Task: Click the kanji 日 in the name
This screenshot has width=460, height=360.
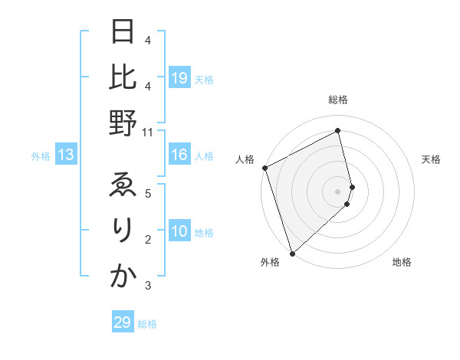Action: click(x=122, y=34)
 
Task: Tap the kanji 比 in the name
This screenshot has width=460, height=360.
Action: click(x=122, y=79)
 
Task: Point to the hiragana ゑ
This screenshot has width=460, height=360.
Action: click(x=122, y=187)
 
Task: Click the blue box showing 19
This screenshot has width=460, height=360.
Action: click(x=179, y=78)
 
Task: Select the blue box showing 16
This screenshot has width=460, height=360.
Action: click(x=179, y=155)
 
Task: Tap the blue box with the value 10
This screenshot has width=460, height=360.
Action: click(x=179, y=232)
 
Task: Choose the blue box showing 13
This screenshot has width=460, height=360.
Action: click(x=66, y=155)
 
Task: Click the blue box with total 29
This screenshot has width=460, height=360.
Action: click(x=123, y=322)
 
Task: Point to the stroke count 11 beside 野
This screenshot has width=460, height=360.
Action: click(x=147, y=132)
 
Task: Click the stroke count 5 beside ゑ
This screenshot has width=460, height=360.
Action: click(x=147, y=193)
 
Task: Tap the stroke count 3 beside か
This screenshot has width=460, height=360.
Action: click(x=147, y=286)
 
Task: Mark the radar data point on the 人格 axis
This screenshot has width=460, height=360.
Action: click(x=265, y=168)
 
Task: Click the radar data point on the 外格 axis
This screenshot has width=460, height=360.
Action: click(x=292, y=253)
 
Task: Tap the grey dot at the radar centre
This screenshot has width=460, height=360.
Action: click(x=337, y=191)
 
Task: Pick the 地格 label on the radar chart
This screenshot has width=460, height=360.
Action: click(x=402, y=263)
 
